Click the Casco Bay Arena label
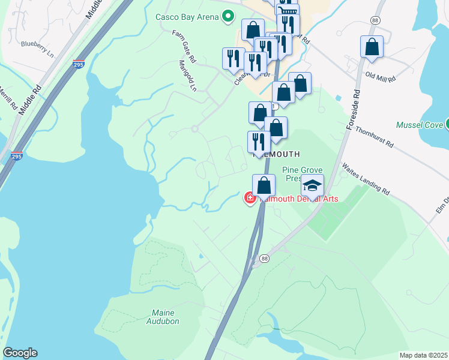[187, 17]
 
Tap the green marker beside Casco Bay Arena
[228, 17]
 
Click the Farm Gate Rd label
[184, 47]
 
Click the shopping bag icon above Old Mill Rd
[372, 47]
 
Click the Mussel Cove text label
[420, 125]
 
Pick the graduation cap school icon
[312, 185]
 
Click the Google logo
[20, 353]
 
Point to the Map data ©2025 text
[423, 355]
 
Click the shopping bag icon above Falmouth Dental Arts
[264, 185]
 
